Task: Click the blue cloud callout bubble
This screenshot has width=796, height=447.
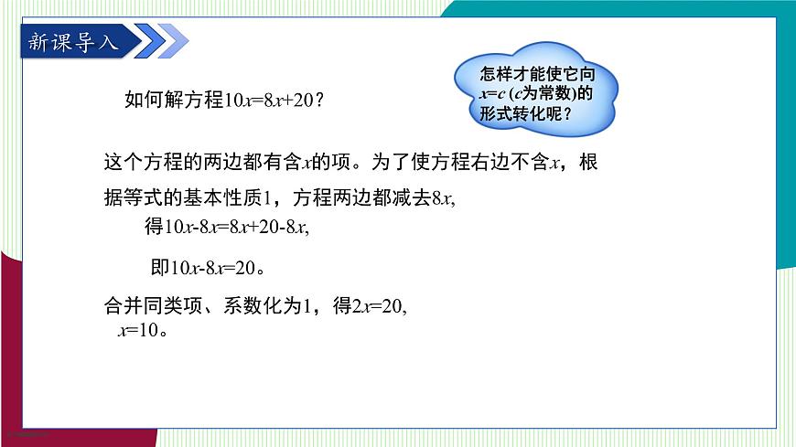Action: (536, 91)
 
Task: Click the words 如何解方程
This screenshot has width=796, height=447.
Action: (174, 101)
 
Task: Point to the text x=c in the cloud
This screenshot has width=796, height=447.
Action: (492, 95)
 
